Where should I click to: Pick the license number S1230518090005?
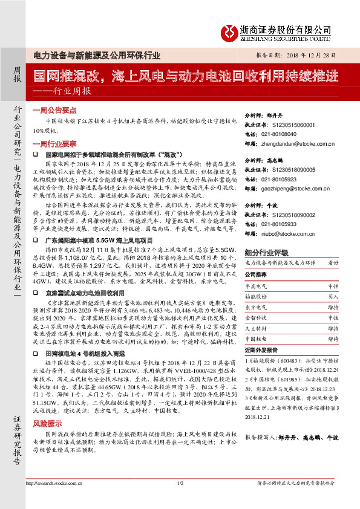(x=294, y=171)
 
